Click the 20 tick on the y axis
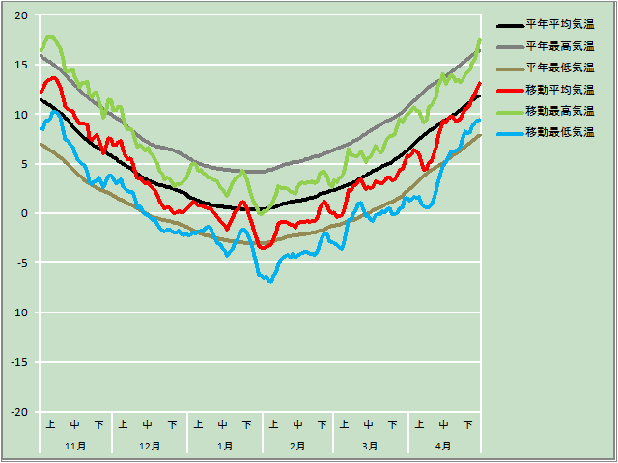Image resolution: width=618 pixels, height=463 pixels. click(x=21, y=15)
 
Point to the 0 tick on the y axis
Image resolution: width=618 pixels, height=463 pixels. click(x=25, y=213)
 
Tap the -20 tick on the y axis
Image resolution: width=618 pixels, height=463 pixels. click(x=19, y=412)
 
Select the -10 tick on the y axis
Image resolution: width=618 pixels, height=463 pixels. click(x=19, y=313)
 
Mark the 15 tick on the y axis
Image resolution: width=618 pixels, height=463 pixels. click(x=21, y=65)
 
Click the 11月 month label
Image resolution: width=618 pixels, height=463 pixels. click(x=75, y=446)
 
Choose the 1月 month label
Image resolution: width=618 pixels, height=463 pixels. click(x=224, y=446)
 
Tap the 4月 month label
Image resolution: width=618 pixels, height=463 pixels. click(x=443, y=446)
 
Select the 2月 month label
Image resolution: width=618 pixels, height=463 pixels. click(x=297, y=446)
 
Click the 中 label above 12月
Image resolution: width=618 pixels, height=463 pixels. click(x=148, y=424)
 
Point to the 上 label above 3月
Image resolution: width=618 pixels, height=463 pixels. click(x=345, y=424)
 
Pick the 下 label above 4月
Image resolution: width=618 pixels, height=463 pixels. click(x=468, y=424)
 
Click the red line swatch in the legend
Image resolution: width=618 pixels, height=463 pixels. click(x=509, y=90)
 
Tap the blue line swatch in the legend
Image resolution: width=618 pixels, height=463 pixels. click(x=509, y=132)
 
